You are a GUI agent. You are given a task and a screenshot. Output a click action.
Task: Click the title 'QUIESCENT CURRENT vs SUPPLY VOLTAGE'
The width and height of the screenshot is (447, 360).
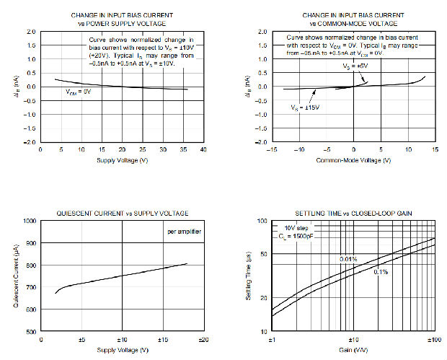click(x=122, y=213)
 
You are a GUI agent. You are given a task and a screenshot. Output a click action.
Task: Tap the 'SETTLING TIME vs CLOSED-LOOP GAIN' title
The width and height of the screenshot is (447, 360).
click(x=353, y=213)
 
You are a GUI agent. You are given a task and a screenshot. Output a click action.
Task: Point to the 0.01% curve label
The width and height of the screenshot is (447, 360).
click(x=350, y=258)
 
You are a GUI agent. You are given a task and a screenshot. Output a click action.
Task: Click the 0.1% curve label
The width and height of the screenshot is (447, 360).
click(x=382, y=271)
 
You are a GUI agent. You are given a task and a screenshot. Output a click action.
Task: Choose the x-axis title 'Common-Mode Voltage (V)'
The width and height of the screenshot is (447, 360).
click(x=353, y=159)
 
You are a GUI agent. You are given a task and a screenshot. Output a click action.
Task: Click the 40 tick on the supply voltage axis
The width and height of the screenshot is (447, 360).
click(x=204, y=149)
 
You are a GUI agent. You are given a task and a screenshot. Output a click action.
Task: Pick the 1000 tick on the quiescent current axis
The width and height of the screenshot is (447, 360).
click(x=31, y=221)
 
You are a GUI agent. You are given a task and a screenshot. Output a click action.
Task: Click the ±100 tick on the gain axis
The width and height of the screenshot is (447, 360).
click(x=434, y=339)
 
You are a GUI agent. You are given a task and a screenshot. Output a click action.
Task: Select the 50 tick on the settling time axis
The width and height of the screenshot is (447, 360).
click(x=264, y=254)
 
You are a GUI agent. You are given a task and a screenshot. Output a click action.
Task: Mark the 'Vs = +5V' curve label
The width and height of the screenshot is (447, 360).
click(x=355, y=66)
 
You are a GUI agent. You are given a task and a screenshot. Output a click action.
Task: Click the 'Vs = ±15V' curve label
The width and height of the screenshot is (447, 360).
click(x=305, y=107)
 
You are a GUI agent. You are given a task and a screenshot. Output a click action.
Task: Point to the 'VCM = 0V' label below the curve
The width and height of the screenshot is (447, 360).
click(x=78, y=92)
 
